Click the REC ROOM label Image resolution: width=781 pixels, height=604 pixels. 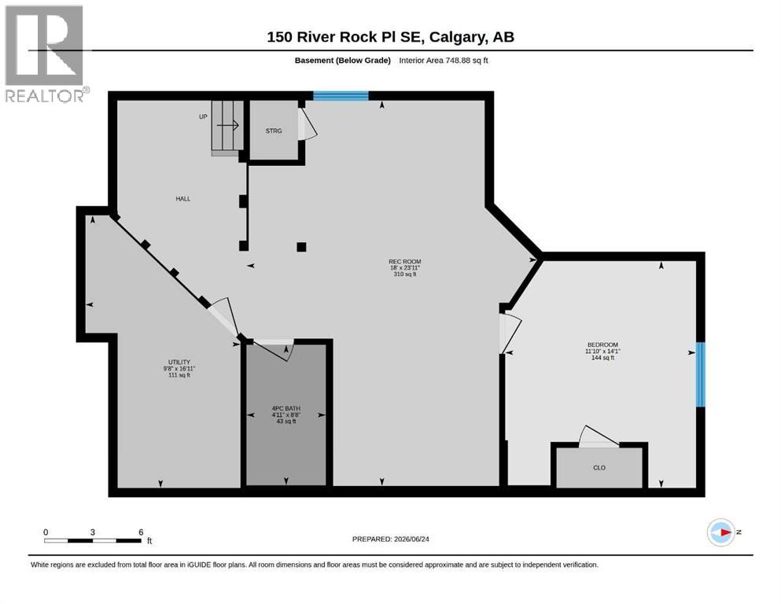(x=404, y=261)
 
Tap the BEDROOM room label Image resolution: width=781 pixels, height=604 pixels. (x=602, y=344)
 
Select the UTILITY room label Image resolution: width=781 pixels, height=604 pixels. (x=179, y=362)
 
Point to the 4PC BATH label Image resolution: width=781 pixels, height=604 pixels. (x=286, y=408)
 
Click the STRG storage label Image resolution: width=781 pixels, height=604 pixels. (x=274, y=131)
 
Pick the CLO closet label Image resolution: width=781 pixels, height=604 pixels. (x=599, y=468)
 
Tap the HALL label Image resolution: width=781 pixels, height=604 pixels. (x=182, y=199)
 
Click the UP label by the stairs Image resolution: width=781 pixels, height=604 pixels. (x=203, y=116)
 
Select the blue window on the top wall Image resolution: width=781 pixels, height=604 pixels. (x=341, y=96)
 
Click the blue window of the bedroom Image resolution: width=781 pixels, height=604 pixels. (x=700, y=374)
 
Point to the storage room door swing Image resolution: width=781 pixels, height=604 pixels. (x=307, y=123)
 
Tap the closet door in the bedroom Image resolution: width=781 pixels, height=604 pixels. (x=599, y=436)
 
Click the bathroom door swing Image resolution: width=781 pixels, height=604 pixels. (x=274, y=350)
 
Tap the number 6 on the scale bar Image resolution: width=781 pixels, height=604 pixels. (x=141, y=532)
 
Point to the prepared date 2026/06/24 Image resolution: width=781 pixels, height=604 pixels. (x=411, y=539)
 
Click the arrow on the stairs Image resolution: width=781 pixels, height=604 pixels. (x=228, y=126)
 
